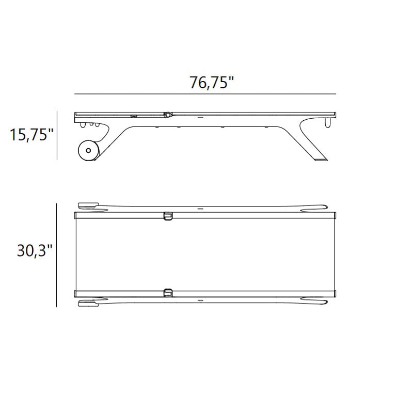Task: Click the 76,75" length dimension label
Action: (x=212, y=83)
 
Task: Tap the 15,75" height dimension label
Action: (x=31, y=134)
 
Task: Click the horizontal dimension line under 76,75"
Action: (x=205, y=94)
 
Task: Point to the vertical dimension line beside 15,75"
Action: (x=57, y=135)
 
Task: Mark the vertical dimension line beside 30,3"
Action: (x=57, y=255)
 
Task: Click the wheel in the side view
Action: (x=88, y=150)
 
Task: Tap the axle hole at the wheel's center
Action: (x=88, y=150)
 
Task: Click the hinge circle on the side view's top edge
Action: (x=167, y=115)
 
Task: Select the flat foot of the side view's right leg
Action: (x=321, y=159)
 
